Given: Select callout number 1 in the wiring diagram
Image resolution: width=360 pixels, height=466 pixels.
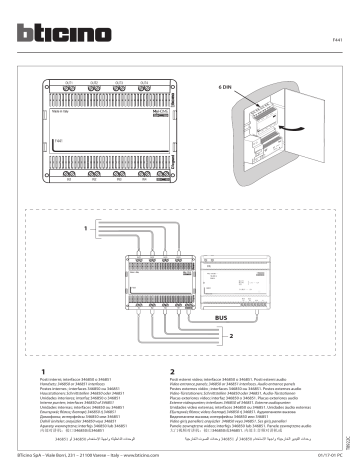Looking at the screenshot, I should click(42, 230).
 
